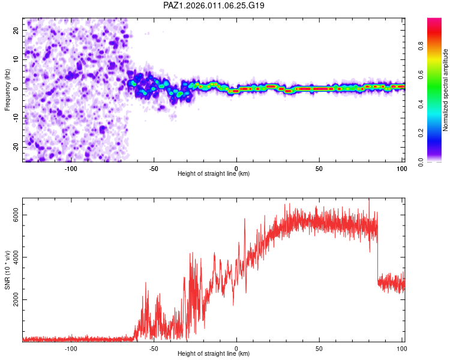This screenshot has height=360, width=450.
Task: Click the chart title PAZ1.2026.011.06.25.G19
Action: pyautogui.click(x=214, y=5)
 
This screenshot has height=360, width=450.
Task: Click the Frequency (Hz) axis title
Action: pyautogui.click(x=7, y=89)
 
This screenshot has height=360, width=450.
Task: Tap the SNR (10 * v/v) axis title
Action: pyautogui.click(x=7, y=271)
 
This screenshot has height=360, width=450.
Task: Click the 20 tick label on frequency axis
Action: pyautogui.click(x=16, y=30)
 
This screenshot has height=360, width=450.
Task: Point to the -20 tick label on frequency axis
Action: pyautogui.click(x=14, y=147)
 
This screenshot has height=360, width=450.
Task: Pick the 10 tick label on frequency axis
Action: pyautogui.click(x=16, y=59)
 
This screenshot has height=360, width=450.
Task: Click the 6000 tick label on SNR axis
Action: pyautogui.click(x=16, y=215)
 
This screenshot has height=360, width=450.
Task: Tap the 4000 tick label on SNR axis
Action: pyautogui.click(x=16, y=257)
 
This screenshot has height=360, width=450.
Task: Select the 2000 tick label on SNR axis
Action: pyautogui.click(x=16, y=299)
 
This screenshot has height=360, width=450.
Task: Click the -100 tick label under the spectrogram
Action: pyautogui.click(x=71, y=167)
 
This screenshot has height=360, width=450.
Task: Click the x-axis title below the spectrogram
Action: pyautogui.click(x=214, y=174)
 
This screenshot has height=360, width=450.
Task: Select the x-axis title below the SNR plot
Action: pyautogui.click(x=214, y=355)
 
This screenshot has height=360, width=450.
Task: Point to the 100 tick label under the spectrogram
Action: pyautogui.click(x=401, y=167)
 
